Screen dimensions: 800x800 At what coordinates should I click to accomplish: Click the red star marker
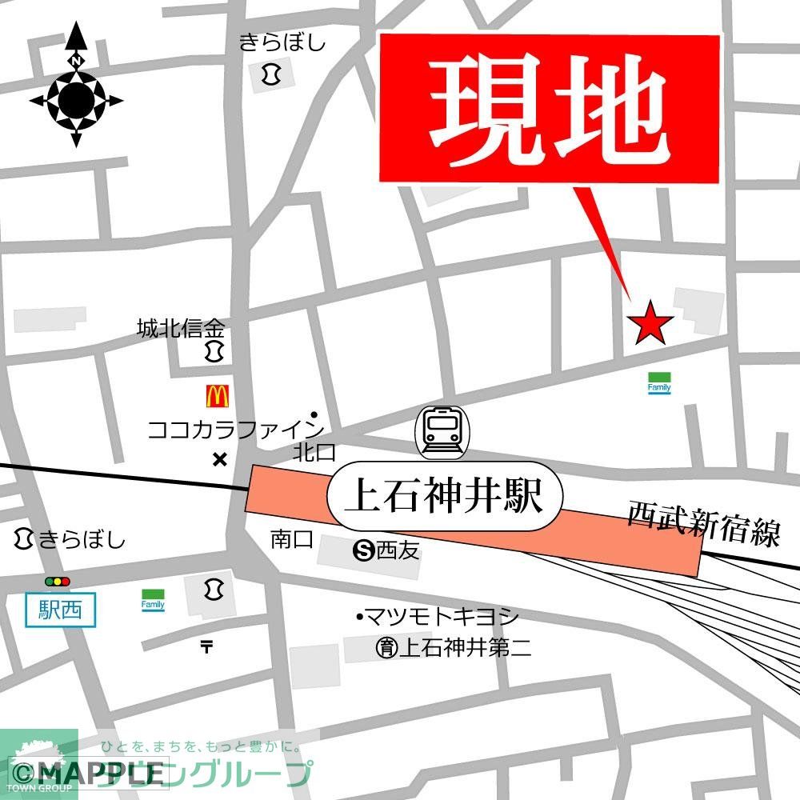coord(650,323)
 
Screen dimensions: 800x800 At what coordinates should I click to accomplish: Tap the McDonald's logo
coord(218,394)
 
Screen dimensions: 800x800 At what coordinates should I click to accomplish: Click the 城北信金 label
coord(181,328)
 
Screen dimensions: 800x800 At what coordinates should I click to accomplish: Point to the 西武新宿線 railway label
coord(703,524)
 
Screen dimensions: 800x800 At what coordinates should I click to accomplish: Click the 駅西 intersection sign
coord(60,612)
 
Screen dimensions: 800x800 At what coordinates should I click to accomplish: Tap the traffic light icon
coord(58,582)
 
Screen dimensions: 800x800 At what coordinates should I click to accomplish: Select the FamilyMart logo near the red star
coord(659,383)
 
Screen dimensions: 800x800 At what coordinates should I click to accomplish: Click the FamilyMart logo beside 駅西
coord(153,600)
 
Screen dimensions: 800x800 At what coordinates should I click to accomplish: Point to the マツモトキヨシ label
coord(440,617)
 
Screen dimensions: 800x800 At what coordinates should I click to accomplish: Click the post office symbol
coord(207,646)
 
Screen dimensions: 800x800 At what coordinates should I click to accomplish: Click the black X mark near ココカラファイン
coord(219,459)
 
